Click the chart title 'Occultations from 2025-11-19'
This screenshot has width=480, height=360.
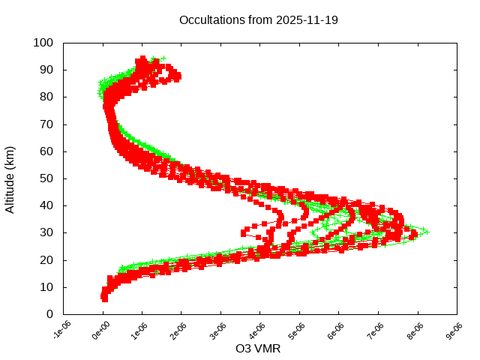click(x=259, y=20)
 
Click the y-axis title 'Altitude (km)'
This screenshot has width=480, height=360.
click(x=10, y=178)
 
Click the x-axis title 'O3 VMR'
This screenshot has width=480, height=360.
click(x=258, y=349)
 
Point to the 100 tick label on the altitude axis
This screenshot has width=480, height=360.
click(x=43, y=43)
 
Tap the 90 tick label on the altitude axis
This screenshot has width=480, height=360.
click(x=46, y=70)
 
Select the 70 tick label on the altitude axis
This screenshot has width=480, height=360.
click(x=46, y=124)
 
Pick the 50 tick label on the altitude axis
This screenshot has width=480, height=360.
click(x=46, y=178)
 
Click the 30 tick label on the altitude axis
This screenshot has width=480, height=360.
click(x=46, y=232)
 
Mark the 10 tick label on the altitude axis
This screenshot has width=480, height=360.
click(x=46, y=287)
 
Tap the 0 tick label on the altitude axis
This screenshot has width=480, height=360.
click(x=49, y=314)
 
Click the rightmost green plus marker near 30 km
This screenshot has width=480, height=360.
click(x=425, y=231)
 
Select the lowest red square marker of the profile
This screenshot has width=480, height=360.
click(x=104, y=299)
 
